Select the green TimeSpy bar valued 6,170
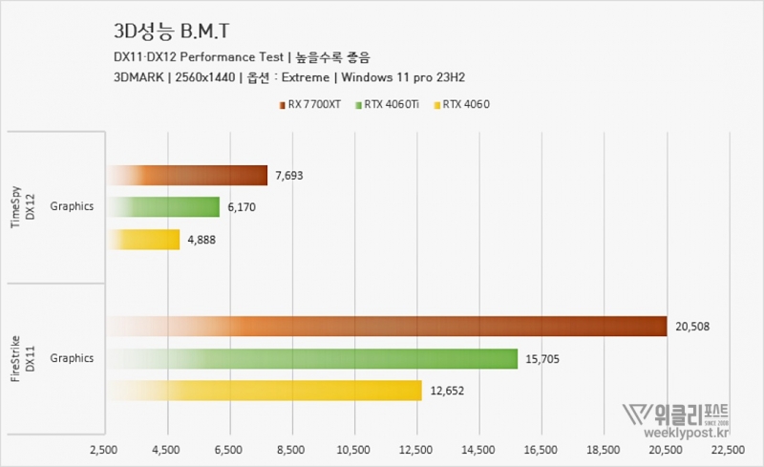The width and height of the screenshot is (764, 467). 163,206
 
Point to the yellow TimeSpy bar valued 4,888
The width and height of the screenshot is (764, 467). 143,239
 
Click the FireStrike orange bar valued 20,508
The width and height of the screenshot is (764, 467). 387,327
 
